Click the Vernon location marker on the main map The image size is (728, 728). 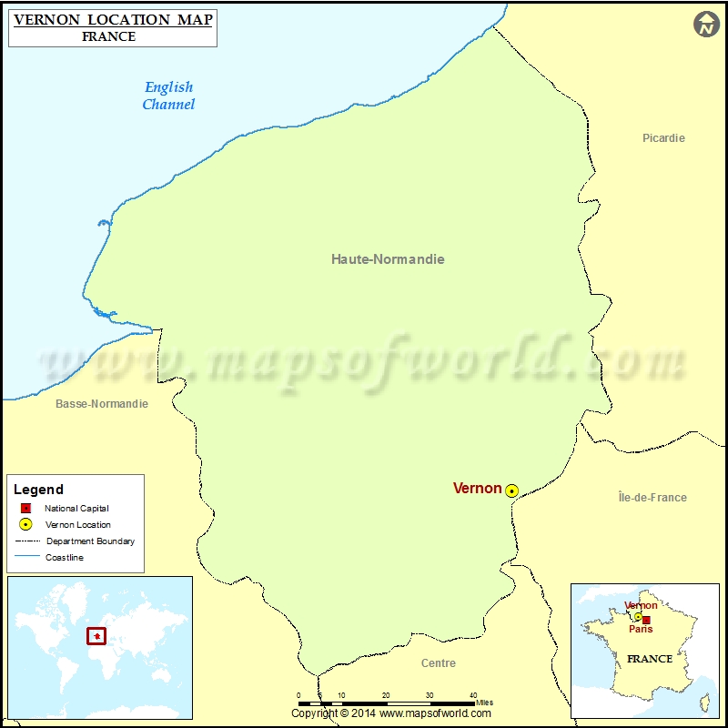tap(512, 490)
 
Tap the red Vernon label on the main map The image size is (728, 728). tap(477, 489)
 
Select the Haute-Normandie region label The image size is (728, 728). tap(388, 259)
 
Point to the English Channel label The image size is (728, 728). tap(168, 96)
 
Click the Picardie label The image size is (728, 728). tap(663, 138)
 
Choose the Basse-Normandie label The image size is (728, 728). tap(101, 404)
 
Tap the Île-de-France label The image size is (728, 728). tap(652, 498)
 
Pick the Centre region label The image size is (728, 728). tap(439, 663)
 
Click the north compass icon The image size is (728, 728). tap(707, 25)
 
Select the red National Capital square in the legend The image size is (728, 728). tap(25, 509)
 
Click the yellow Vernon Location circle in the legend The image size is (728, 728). tap(25, 525)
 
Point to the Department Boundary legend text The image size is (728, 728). tap(90, 541)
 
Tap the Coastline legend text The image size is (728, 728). tap(65, 558)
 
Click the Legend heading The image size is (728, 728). tap(39, 490)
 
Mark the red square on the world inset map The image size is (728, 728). tap(96, 635)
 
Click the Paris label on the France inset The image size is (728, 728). tap(641, 629)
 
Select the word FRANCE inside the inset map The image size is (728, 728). tap(650, 659)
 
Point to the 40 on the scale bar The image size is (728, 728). tap(472, 695)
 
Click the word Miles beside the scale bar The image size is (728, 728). tap(484, 703)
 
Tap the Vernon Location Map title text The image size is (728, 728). tap(113, 18)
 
